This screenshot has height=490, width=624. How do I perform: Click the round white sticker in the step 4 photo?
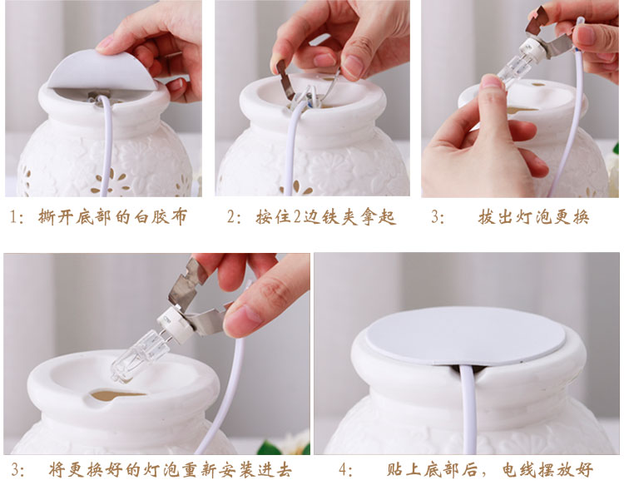click(x=465, y=335)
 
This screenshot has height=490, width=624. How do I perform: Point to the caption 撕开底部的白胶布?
click(x=112, y=217)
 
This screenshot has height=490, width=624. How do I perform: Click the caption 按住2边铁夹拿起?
click(x=325, y=217)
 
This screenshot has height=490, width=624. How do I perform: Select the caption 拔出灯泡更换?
click(x=533, y=217)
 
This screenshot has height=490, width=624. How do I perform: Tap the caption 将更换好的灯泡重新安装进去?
click(x=171, y=470)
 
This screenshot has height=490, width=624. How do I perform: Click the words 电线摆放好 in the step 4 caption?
click(x=547, y=470)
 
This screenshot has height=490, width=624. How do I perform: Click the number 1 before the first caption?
click(x=13, y=218)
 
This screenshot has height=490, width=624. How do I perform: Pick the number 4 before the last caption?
click(x=344, y=470)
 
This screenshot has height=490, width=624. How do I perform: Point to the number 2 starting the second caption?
click(x=231, y=218)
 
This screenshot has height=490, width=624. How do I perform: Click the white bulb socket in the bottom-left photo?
click(x=175, y=324)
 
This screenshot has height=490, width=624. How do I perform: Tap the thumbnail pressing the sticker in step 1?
click(x=105, y=43)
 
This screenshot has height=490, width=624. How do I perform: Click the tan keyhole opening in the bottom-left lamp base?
click(x=116, y=396)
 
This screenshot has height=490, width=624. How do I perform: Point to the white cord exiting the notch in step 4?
click(x=468, y=410)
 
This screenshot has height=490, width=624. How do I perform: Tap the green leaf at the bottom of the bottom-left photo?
click(x=266, y=448)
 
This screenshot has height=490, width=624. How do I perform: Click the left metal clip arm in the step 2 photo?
click(x=285, y=80)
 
